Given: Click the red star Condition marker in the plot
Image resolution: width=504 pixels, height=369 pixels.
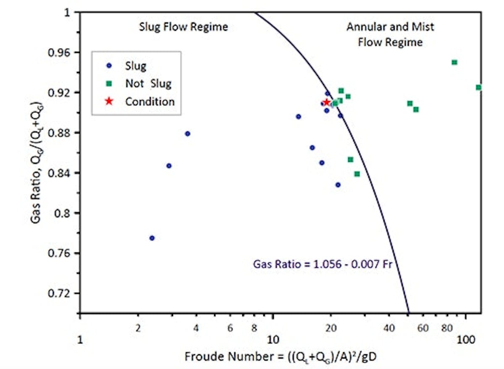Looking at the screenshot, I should click(x=327, y=102).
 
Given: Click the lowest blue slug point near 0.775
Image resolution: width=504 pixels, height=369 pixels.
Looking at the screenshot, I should click(x=152, y=238).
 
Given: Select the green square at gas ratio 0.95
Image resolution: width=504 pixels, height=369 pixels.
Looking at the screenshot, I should click(x=454, y=62).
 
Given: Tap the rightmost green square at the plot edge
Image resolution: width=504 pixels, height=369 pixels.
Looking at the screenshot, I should click(x=478, y=87).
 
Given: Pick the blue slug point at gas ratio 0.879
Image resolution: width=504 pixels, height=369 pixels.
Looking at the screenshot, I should click(x=188, y=134).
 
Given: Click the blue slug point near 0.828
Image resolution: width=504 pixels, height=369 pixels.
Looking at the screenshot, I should click(x=338, y=185).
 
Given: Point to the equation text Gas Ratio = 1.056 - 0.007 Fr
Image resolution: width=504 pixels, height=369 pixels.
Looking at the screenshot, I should click(x=322, y=264).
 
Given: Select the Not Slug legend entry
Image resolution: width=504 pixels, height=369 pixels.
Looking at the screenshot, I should click(x=148, y=84).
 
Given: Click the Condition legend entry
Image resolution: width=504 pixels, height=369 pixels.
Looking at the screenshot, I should click(x=150, y=101).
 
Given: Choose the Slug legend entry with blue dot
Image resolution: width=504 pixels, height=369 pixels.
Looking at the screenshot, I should click(x=135, y=66).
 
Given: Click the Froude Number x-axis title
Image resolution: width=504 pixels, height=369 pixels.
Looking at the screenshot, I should click(x=283, y=357).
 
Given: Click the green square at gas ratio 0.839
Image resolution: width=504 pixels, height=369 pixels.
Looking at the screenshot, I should click(x=357, y=174).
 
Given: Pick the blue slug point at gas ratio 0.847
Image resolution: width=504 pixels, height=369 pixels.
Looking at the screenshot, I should click(x=169, y=166).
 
